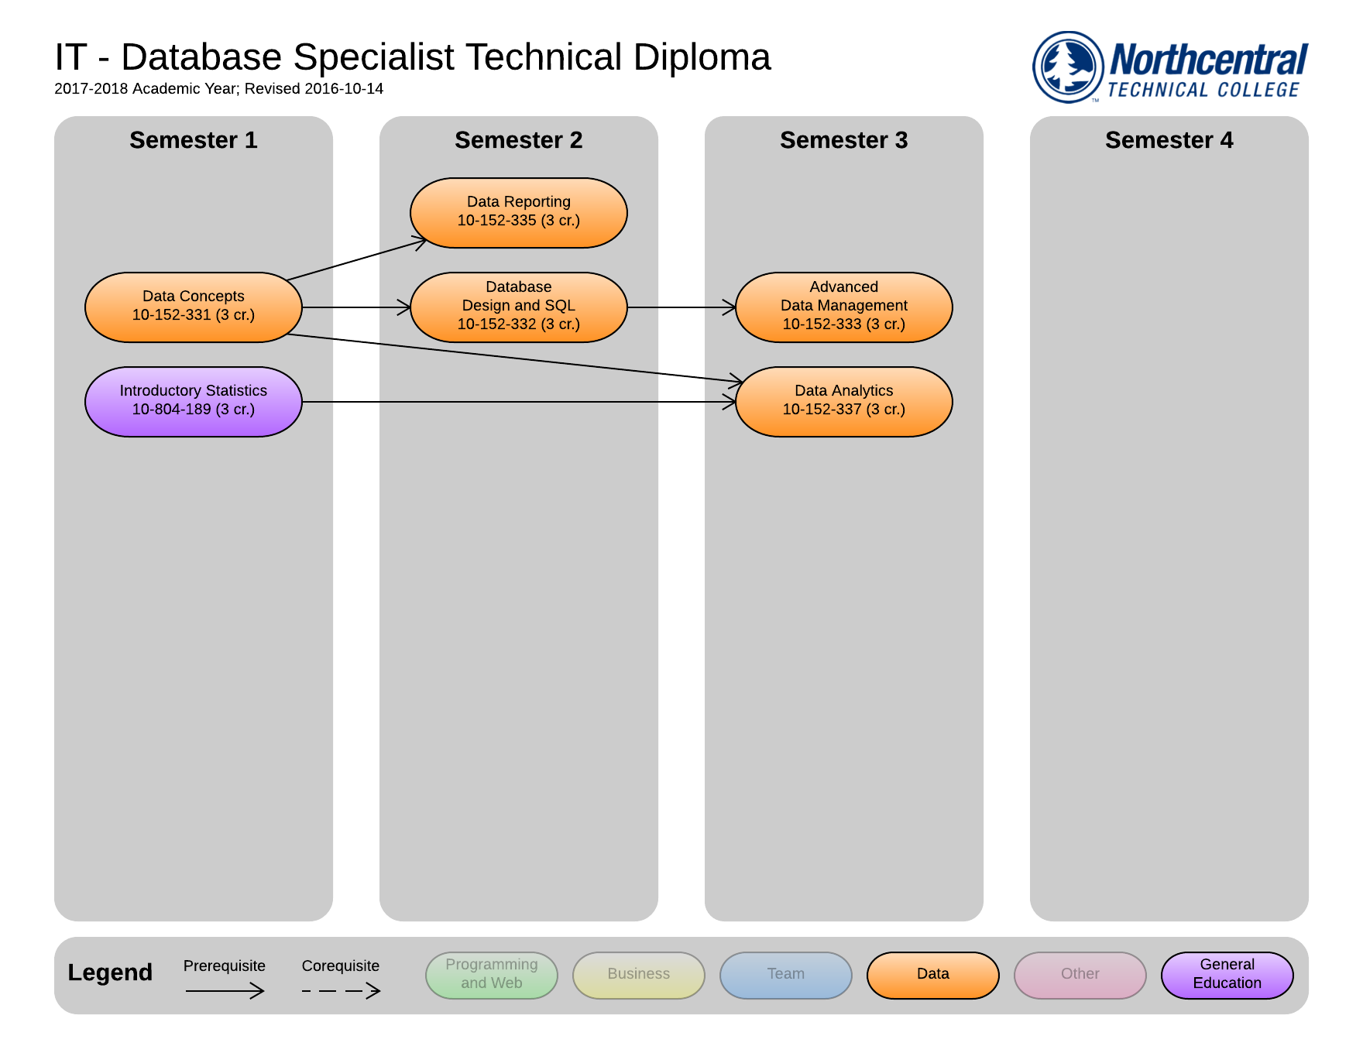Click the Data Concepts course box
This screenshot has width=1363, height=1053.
click(193, 307)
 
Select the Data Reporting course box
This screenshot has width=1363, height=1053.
click(518, 212)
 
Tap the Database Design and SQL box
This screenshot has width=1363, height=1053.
click(518, 307)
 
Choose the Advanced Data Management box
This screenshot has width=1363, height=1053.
click(843, 307)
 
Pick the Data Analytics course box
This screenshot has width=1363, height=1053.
click(843, 401)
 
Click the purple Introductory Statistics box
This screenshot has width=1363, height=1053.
click(193, 401)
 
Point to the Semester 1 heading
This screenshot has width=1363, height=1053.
click(193, 140)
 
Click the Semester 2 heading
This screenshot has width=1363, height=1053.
click(518, 140)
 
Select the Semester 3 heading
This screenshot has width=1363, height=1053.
click(843, 140)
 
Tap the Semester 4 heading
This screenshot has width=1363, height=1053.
click(1169, 140)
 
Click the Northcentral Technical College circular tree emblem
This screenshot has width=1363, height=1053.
click(1068, 67)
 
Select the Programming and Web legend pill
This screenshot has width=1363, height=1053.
click(491, 974)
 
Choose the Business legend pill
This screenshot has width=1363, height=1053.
click(638, 974)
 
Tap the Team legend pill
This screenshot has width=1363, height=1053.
click(785, 974)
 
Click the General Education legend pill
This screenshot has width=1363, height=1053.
click(1227, 974)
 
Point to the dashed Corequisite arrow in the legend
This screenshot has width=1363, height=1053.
click(341, 990)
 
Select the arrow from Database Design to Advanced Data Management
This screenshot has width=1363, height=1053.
click(681, 307)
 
